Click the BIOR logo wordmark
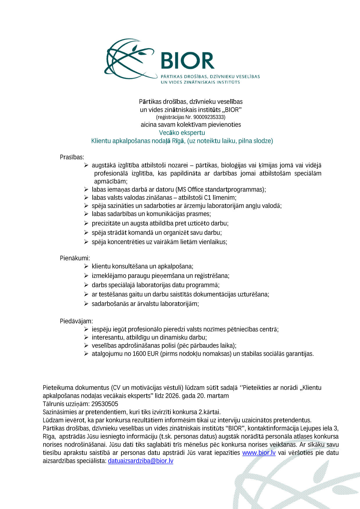pyautogui.click(x=188, y=61)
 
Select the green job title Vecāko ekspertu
pyautogui.click(x=182, y=133)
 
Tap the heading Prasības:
pyautogui.click(x=72, y=157)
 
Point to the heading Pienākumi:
pyautogui.click(x=75, y=258)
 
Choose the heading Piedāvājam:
pyautogui.click(x=76, y=321)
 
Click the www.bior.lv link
pyautogui.click(x=259, y=453)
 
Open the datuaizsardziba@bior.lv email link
pyautogui.click(x=141, y=461)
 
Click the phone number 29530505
pyautogui.click(x=105, y=404)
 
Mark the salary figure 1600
pyautogui.click(x=139, y=354)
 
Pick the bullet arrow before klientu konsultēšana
pyautogui.click(x=86, y=266)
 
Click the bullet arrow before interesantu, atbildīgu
pyautogui.click(x=86, y=337)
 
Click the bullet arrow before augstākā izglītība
pyautogui.click(x=86, y=165)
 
